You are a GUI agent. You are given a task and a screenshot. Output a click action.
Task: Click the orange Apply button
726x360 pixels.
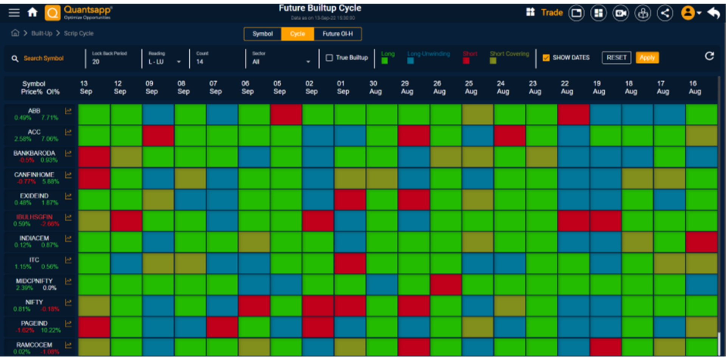(x=647, y=57)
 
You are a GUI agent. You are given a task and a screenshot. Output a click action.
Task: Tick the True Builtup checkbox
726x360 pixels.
(x=329, y=57)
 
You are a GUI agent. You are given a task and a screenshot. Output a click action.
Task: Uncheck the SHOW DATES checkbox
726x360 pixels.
(x=546, y=57)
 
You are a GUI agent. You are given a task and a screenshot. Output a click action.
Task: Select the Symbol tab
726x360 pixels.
(x=262, y=34)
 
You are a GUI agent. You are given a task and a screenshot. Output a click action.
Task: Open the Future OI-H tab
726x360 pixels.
(x=337, y=34)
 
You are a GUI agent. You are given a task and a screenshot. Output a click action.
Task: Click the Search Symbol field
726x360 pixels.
(x=43, y=58)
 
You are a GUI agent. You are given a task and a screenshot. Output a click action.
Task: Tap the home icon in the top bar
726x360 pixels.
(x=33, y=12)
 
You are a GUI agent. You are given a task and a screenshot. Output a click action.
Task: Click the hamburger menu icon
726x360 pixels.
(x=14, y=12)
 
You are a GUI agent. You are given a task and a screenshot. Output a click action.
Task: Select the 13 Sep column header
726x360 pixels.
(x=86, y=87)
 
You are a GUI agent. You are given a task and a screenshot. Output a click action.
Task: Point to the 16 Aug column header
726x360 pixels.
(x=695, y=87)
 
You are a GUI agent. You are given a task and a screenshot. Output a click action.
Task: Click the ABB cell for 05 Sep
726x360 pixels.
(x=286, y=114)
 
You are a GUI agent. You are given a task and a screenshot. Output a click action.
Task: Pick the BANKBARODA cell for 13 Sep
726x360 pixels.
(x=94, y=157)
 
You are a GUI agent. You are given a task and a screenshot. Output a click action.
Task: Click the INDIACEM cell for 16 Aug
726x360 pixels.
(x=701, y=242)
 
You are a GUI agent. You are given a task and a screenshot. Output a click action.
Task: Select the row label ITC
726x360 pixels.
(x=34, y=260)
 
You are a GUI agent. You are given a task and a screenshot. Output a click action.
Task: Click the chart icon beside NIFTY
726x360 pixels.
(x=68, y=303)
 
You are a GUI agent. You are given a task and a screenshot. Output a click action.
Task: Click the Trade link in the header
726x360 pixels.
(x=552, y=12)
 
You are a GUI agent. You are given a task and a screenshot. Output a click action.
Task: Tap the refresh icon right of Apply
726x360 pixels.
(x=709, y=56)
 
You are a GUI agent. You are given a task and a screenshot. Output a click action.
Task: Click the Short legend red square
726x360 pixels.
(x=466, y=61)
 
